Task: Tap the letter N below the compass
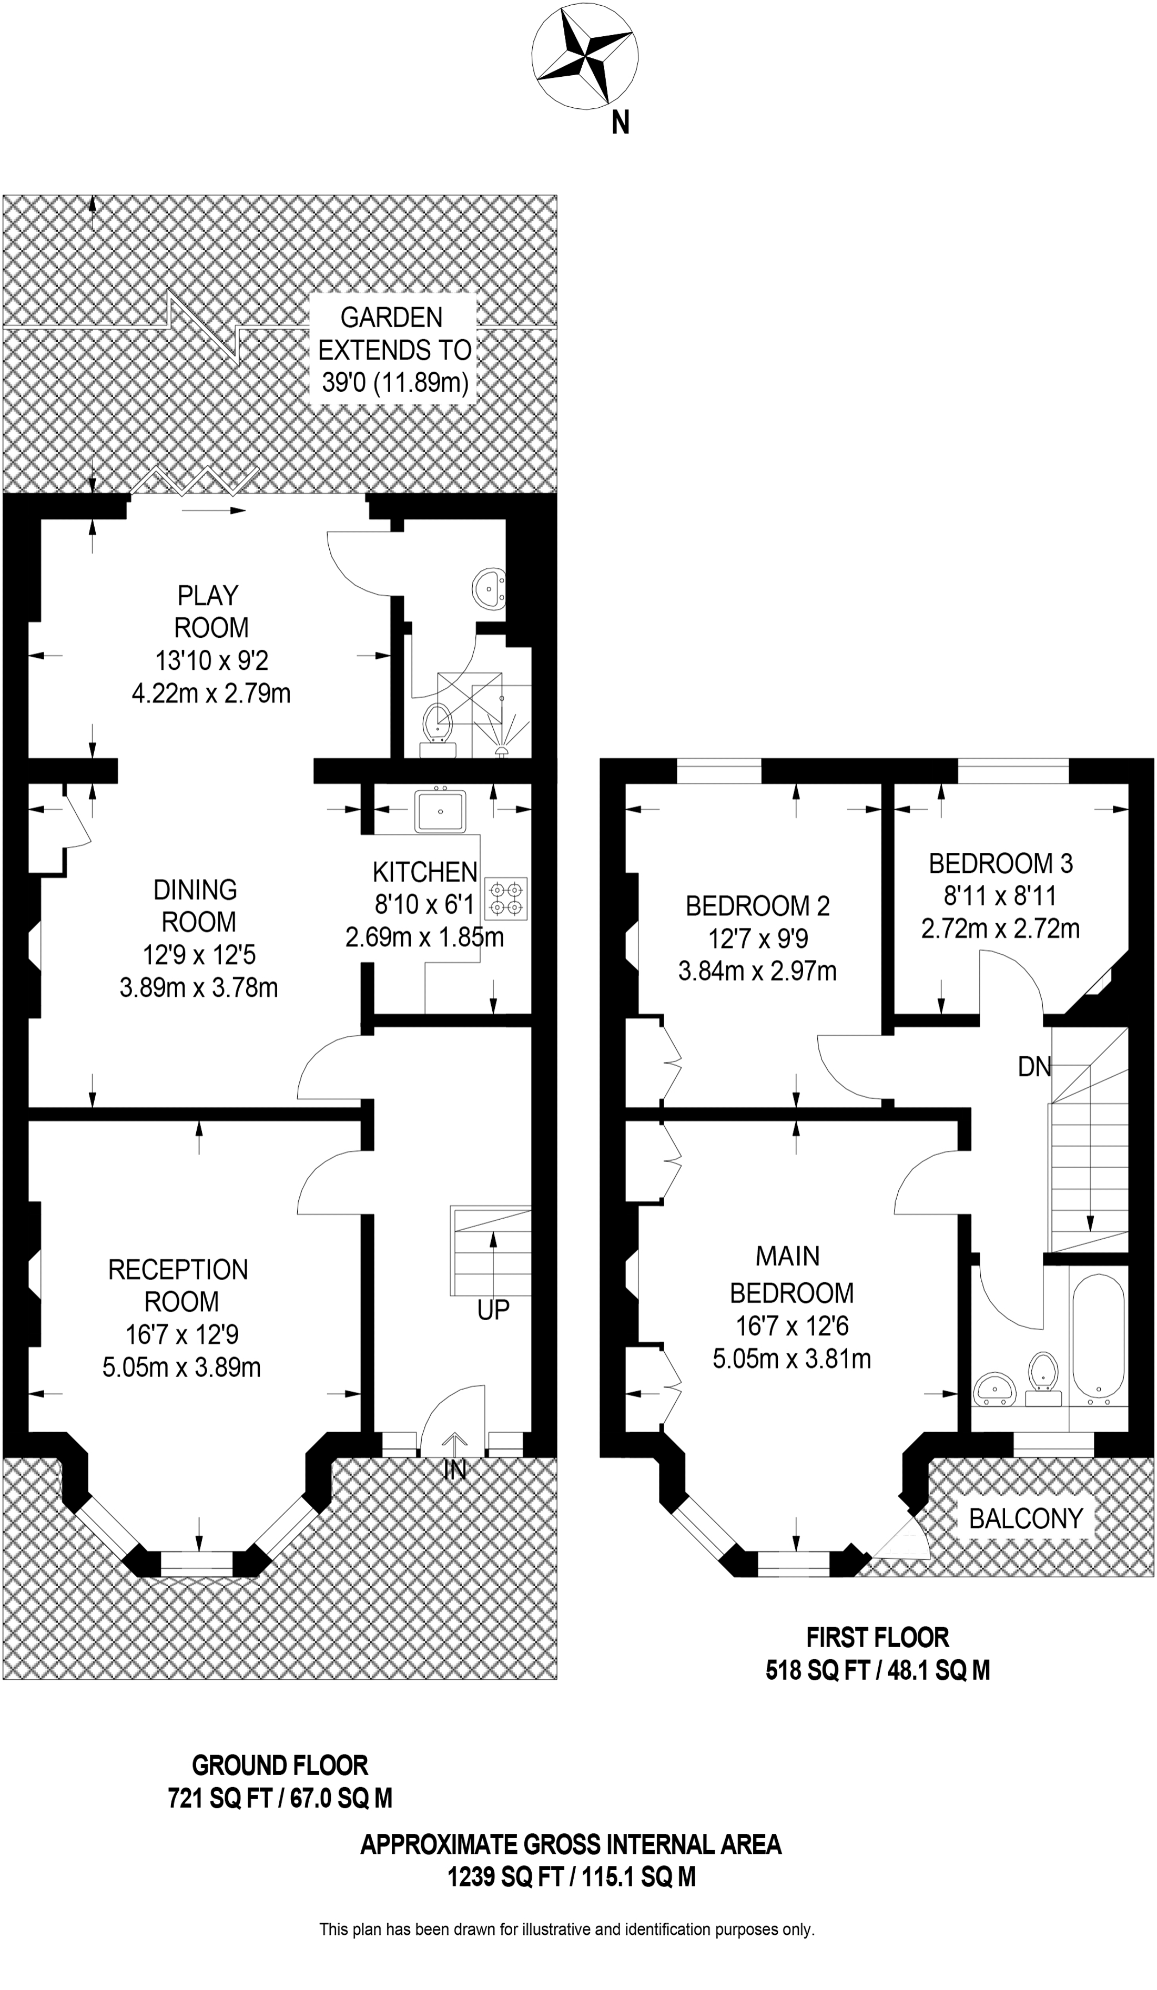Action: coord(621,123)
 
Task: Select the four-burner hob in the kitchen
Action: coord(507,899)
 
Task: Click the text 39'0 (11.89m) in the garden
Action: coord(395,382)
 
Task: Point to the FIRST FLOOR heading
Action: coord(877,1638)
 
